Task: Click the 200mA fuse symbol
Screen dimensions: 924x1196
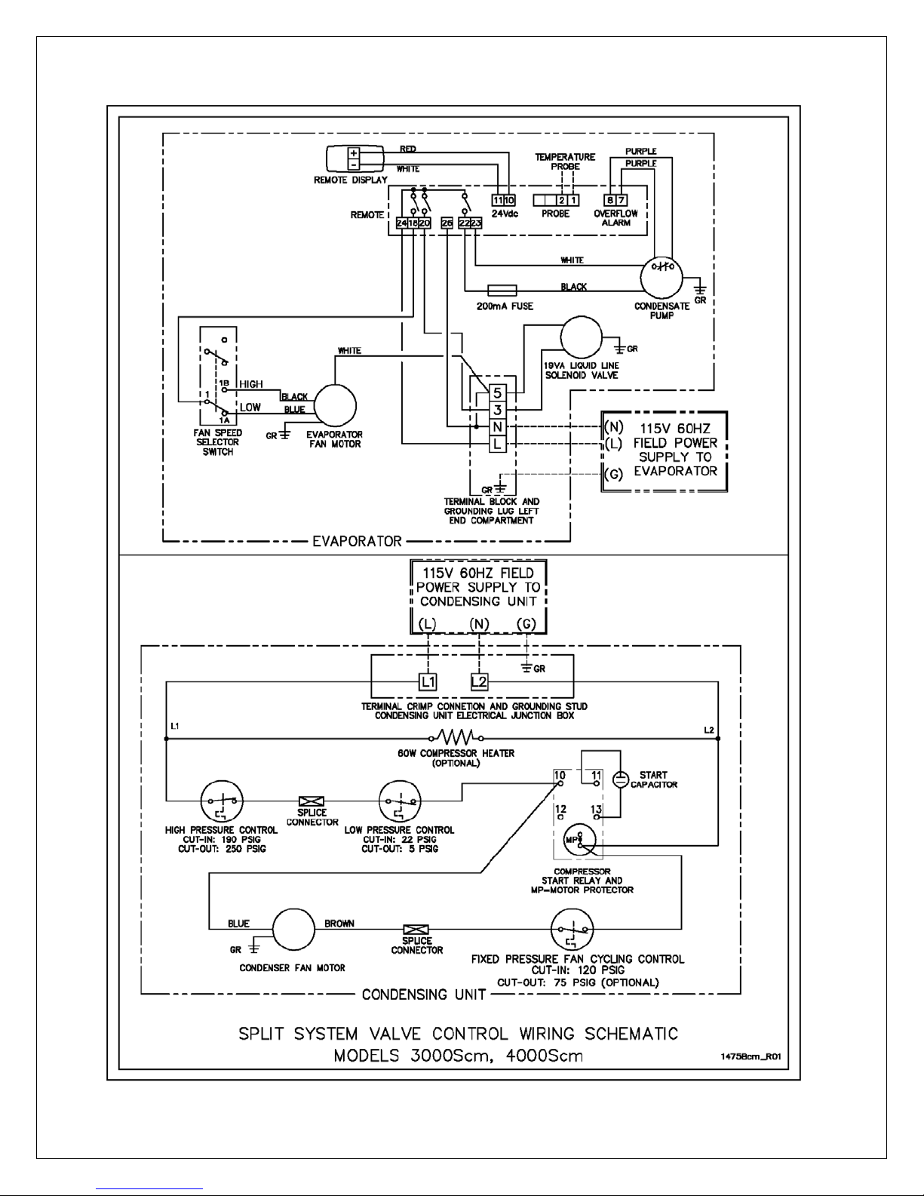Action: tap(502, 290)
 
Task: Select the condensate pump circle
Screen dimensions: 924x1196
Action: tap(661, 278)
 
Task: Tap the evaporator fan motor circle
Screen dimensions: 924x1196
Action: tap(335, 406)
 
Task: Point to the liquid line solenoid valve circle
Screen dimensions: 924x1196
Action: tap(582, 337)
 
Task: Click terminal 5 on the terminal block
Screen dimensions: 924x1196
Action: tap(497, 393)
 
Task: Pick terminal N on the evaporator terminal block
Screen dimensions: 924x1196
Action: tap(497, 426)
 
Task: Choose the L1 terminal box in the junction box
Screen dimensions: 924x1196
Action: tap(428, 682)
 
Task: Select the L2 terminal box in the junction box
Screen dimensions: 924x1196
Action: tap(479, 682)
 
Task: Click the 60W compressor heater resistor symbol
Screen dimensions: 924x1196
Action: tap(456, 737)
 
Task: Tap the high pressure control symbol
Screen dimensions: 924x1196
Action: tap(222, 801)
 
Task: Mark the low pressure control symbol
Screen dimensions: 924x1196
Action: tap(400, 801)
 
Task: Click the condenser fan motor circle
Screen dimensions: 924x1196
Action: tap(293, 929)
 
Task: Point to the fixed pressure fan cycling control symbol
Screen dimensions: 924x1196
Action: tap(572, 929)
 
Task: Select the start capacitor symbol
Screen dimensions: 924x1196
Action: tap(620, 779)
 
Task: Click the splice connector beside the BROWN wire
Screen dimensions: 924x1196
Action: tap(416, 930)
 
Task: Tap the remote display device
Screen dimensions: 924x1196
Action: tap(355, 158)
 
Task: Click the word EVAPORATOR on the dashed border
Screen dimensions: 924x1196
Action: tap(357, 542)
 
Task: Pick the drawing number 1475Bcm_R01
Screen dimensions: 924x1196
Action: tap(751, 1056)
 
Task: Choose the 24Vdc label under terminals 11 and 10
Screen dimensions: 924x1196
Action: tap(505, 214)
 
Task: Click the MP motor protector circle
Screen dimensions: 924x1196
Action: tap(579, 840)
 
